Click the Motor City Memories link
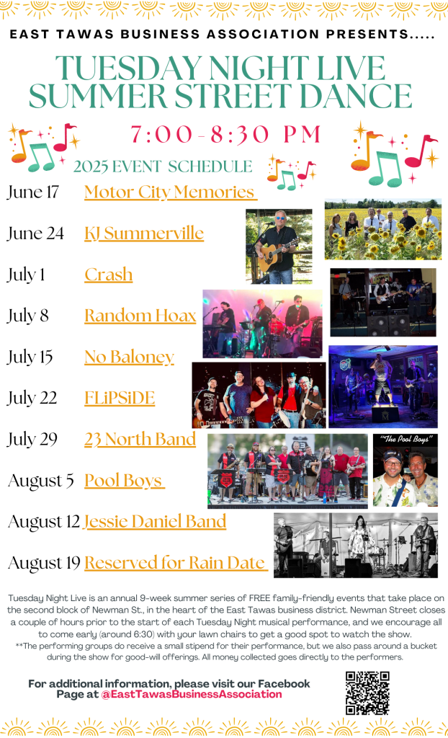171,192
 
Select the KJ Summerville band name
144,233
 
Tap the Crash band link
108,275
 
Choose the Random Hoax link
140,316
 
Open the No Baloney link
129,357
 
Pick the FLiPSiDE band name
120,398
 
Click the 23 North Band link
140,439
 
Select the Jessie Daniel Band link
154,522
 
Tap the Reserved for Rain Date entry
176,563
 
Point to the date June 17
32,192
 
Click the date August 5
41,481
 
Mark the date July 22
32,398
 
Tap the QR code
367,693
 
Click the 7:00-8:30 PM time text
225,135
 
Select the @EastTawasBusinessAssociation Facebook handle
191,694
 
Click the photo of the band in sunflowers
383,229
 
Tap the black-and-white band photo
356,546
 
